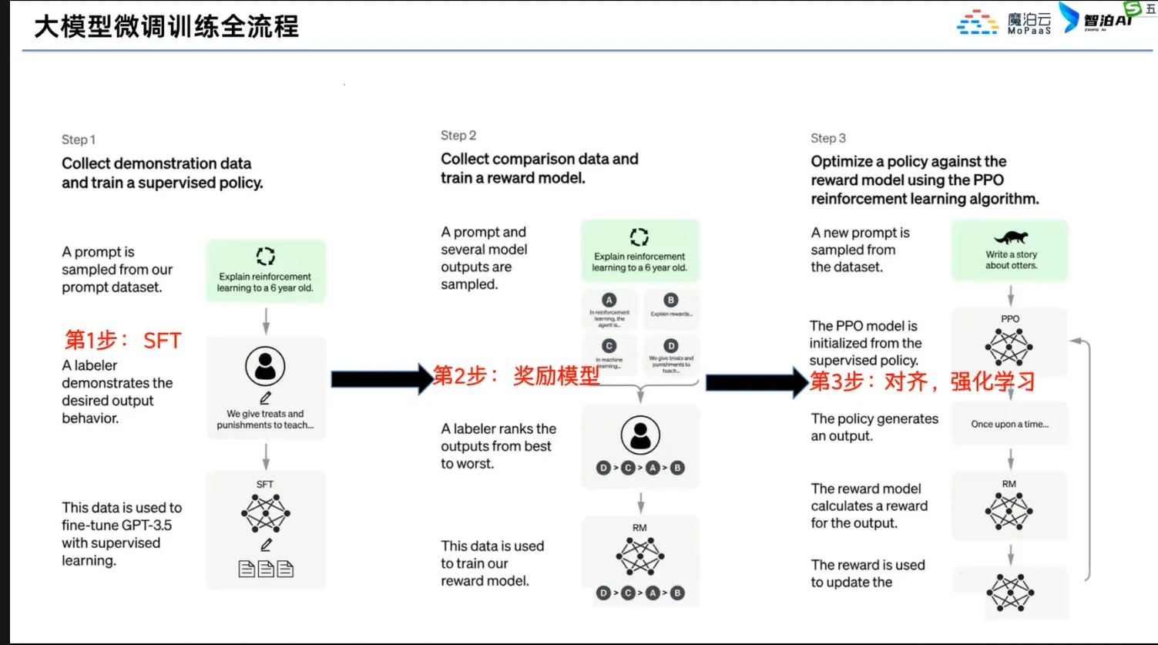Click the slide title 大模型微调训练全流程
(166, 27)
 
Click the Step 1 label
(79, 139)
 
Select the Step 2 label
(458, 136)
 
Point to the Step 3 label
(828, 138)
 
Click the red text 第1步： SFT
(123, 340)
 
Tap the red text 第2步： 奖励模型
(515, 375)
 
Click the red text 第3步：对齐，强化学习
(922, 381)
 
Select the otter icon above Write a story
(1011, 237)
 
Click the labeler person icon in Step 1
(265, 366)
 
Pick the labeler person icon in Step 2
(640, 435)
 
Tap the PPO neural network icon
(1009, 346)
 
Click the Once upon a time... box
(1009, 424)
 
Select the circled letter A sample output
(609, 301)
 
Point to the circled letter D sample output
(671, 346)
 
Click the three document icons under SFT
(266, 569)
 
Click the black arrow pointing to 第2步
(381, 378)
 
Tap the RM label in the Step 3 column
(1009, 484)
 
